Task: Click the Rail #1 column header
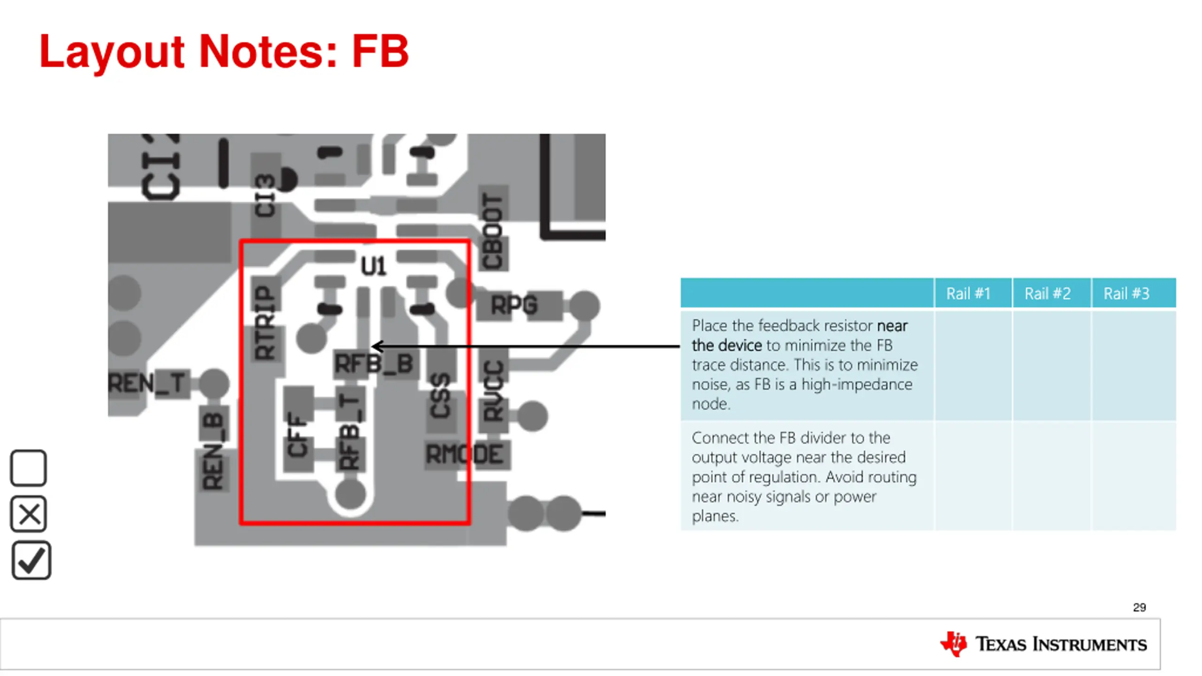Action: [x=968, y=294]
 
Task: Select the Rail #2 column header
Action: [x=1048, y=294]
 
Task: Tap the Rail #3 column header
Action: [x=1126, y=294]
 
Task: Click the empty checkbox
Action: [x=29, y=468]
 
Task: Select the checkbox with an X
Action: [x=29, y=514]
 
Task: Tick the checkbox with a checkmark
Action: [x=31, y=561]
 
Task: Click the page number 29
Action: [x=1139, y=607]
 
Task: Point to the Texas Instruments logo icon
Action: [x=953, y=644]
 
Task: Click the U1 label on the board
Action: [x=373, y=267]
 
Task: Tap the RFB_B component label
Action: [x=374, y=364]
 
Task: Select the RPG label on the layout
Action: [x=514, y=306]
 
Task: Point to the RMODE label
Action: [x=464, y=454]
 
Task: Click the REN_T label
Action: [x=146, y=383]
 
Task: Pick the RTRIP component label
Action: [x=265, y=323]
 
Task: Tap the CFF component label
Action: [x=298, y=435]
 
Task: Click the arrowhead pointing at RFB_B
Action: [x=376, y=347]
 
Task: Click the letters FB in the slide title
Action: [x=380, y=52]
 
